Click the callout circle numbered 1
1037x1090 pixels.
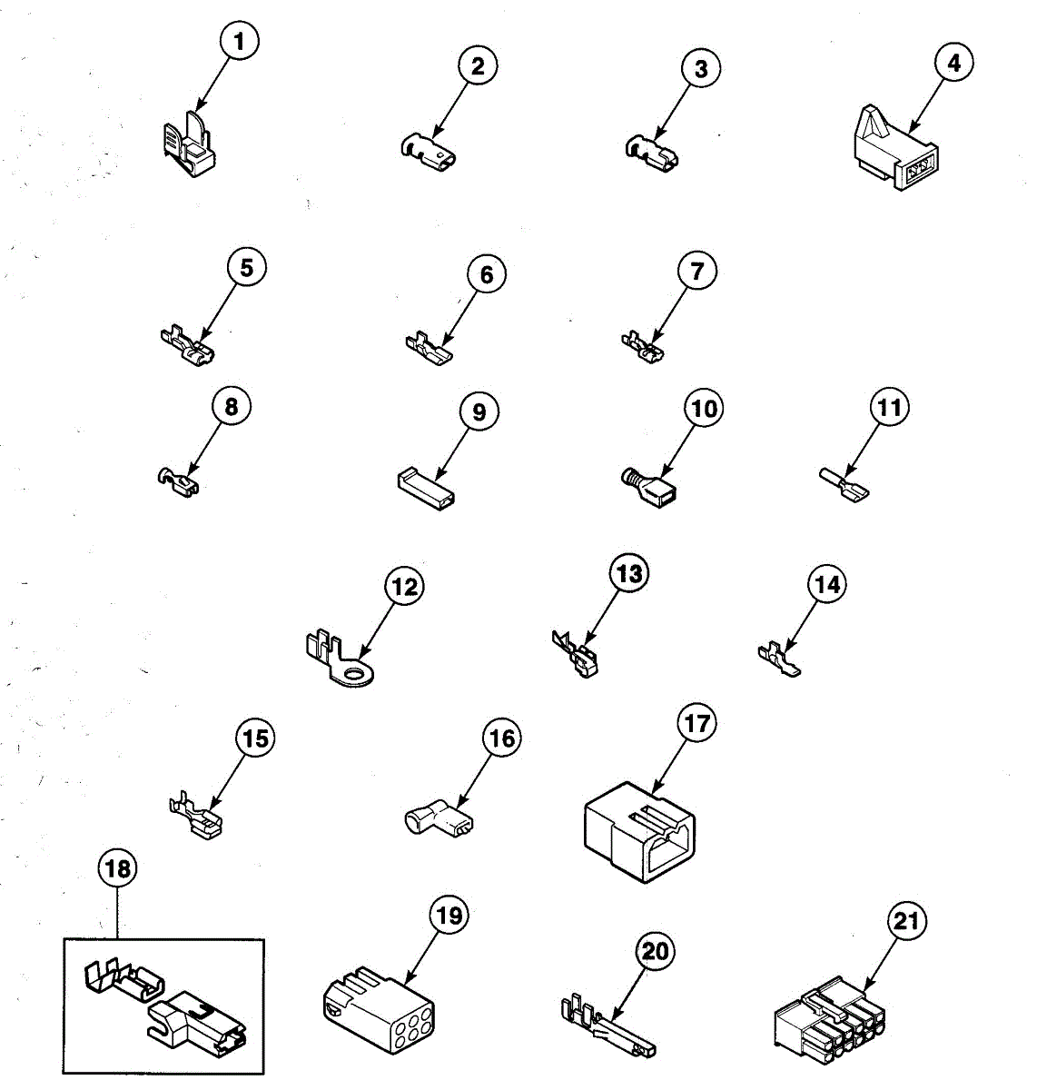click(239, 42)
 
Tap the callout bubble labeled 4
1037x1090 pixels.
click(953, 63)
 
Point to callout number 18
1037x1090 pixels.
click(117, 869)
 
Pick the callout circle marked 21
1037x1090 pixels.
click(905, 921)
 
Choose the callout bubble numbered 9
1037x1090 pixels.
click(479, 411)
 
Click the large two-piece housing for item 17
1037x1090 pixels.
click(642, 830)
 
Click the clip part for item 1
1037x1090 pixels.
click(192, 145)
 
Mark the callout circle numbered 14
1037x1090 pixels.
click(826, 585)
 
